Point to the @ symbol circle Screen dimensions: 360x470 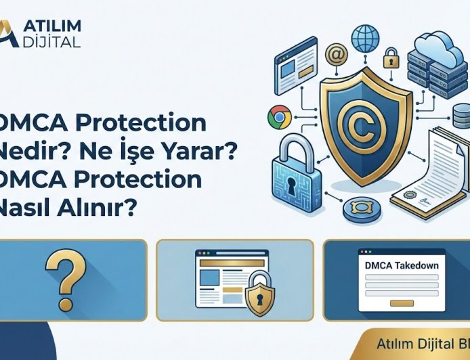point(335,54)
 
